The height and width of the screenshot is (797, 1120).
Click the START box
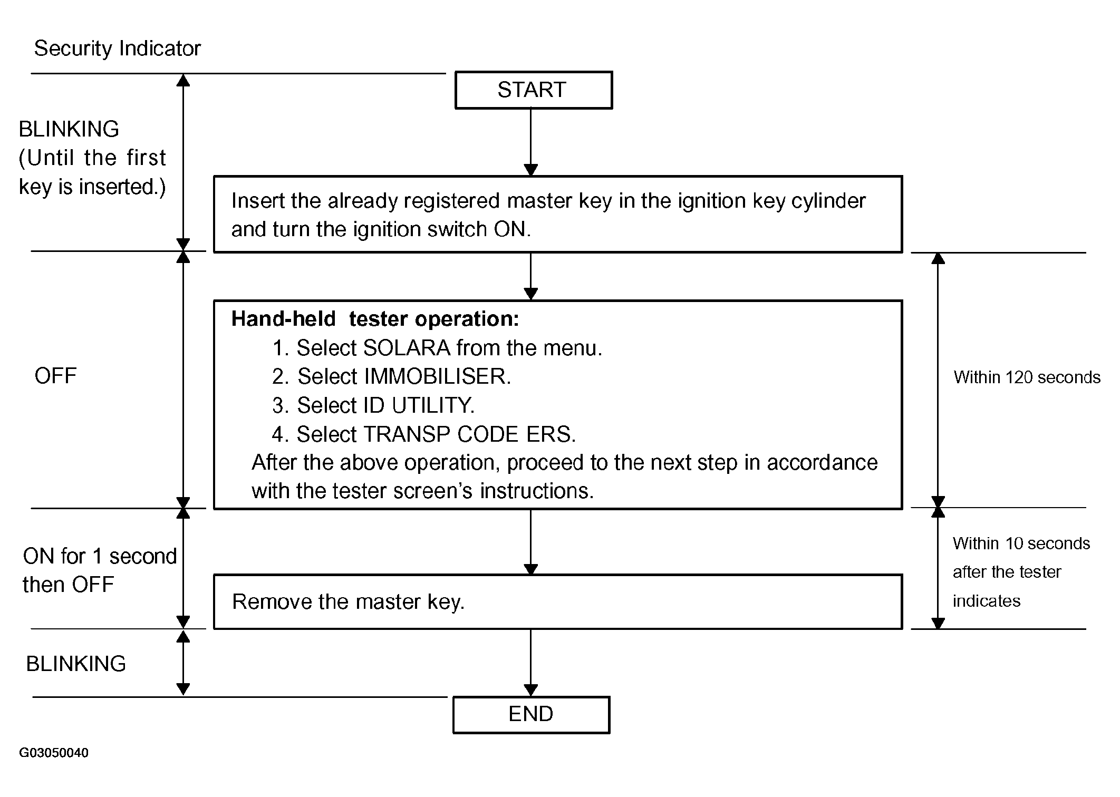coord(534,90)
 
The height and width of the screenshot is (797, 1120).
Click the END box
coord(531,714)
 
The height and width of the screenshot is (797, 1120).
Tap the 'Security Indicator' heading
coord(118,48)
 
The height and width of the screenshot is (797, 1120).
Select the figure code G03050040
coord(54,753)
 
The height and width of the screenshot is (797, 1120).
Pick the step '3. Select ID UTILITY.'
coord(373,405)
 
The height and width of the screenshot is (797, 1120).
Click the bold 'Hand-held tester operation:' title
coord(375,319)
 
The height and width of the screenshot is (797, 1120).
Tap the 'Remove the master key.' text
coord(349,602)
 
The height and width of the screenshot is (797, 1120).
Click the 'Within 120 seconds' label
coord(1027,377)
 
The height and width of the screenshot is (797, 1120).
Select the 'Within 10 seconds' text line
coord(1021,543)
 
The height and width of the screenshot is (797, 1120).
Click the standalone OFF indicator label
coord(55,376)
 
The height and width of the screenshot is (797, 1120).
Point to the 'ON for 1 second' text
coord(100,557)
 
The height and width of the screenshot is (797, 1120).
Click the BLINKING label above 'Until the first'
coord(69,129)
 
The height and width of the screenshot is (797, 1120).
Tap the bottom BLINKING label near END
coord(76,664)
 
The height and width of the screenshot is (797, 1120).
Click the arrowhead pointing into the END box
coord(531,690)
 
